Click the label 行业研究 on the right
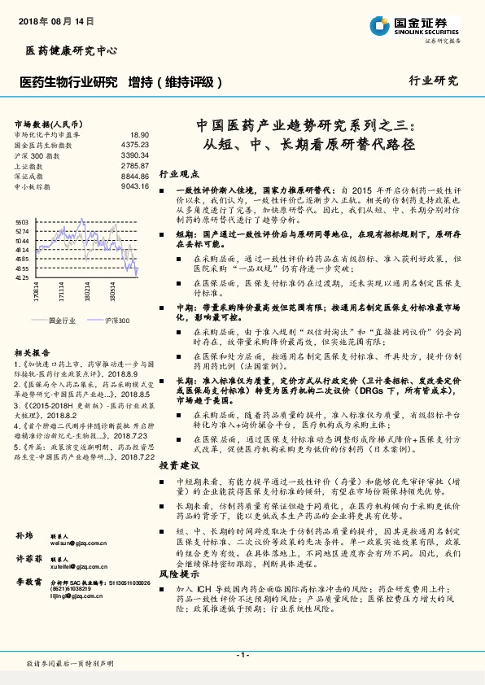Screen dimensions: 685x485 click(433, 81)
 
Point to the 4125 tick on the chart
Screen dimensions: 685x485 click(22, 278)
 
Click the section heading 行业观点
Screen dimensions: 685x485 click(178, 175)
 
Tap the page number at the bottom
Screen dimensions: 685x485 click(242, 654)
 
